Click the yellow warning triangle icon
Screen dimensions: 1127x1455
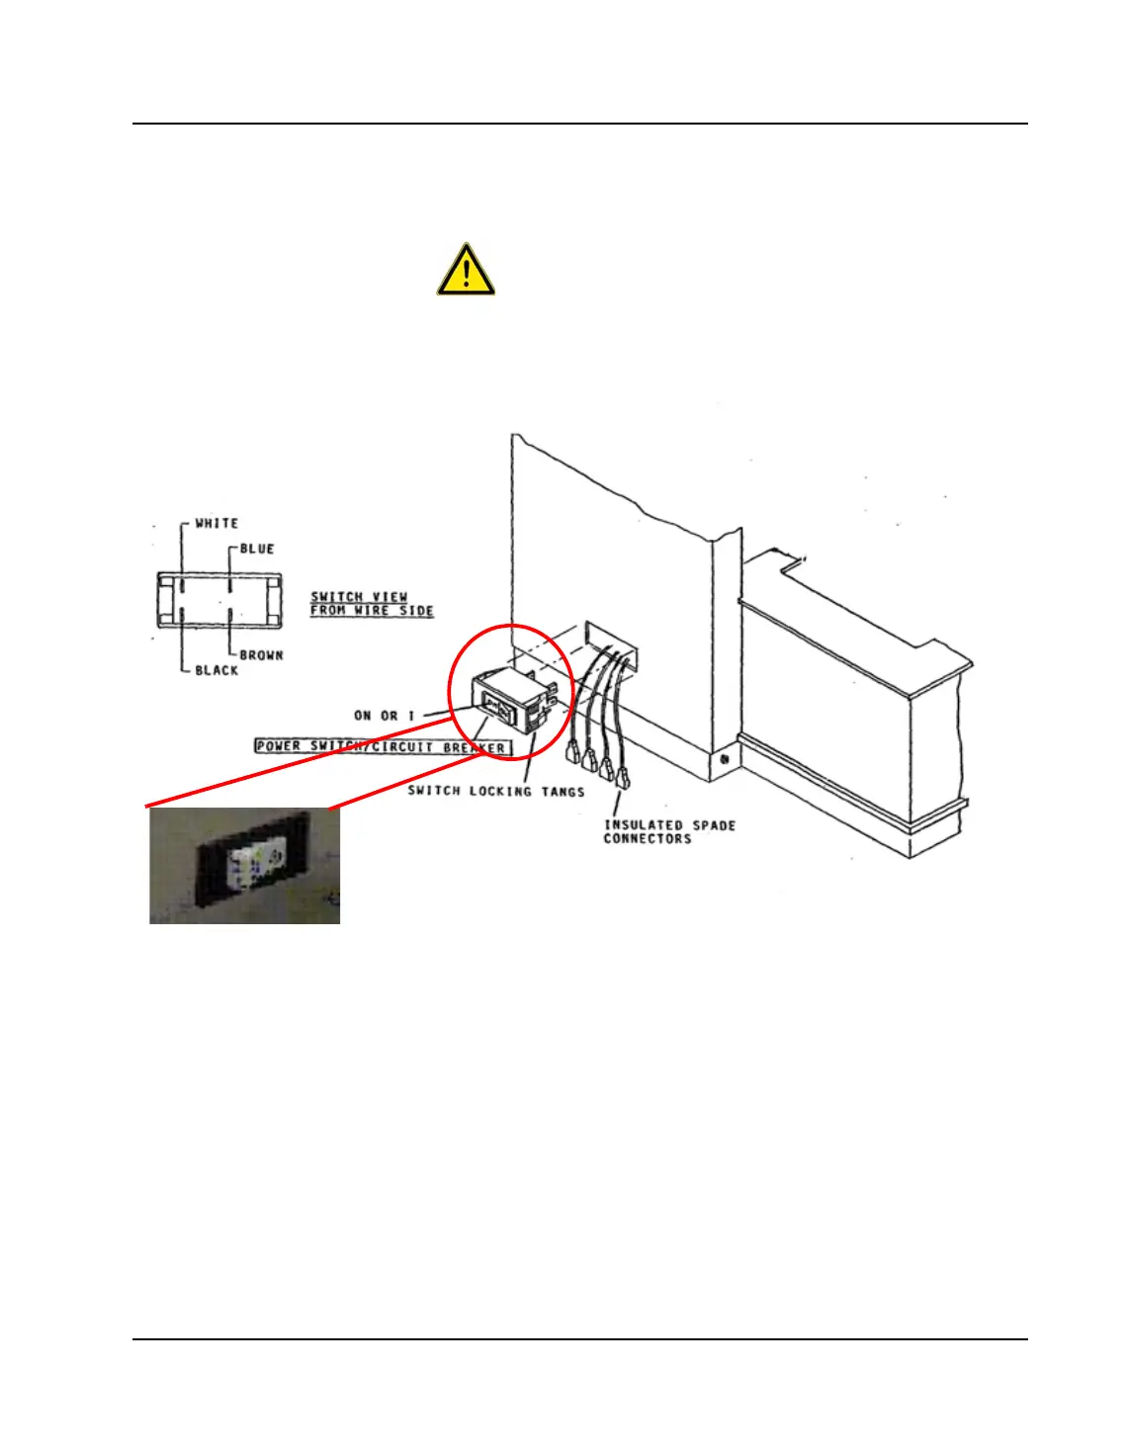click(466, 270)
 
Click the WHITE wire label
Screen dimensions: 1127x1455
click(217, 523)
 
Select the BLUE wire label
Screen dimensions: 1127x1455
click(257, 549)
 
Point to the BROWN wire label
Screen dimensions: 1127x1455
click(261, 654)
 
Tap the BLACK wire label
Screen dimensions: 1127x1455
click(217, 670)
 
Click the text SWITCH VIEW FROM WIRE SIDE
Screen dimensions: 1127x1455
click(372, 603)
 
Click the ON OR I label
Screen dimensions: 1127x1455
click(385, 715)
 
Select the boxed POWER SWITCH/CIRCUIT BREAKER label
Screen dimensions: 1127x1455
click(383, 746)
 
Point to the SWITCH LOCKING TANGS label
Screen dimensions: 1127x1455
click(496, 791)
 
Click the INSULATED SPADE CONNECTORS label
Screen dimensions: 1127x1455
click(669, 831)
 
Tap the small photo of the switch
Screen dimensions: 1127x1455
click(244, 866)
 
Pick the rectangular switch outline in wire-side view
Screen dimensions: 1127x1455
click(218, 599)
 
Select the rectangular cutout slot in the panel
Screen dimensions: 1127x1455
click(611, 642)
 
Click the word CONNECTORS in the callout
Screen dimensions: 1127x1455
click(648, 838)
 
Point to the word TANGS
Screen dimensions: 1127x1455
click(563, 791)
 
